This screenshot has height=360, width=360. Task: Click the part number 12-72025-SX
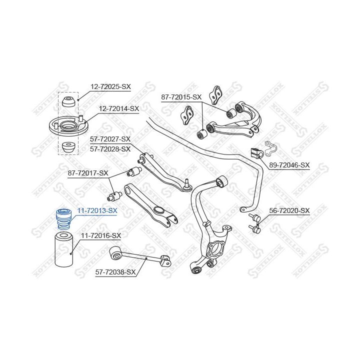click(x=110, y=87)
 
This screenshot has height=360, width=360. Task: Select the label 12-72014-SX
click(x=119, y=108)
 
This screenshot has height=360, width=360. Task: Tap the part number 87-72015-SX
click(x=181, y=97)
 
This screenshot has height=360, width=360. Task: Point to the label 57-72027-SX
click(x=110, y=139)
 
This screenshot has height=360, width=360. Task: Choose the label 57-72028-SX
click(x=110, y=149)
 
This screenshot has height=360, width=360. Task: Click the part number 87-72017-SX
click(x=88, y=173)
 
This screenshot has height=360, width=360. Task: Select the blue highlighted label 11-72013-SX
click(x=97, y=210)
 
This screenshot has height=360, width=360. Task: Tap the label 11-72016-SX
click(x=100, y=235)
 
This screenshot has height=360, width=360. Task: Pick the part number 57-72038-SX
click(x=115, y=272)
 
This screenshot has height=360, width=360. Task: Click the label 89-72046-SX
click(x=289, y=165)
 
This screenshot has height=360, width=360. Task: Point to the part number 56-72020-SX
click(x=289, y=210)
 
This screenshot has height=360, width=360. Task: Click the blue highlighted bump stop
click(x=63, y=219)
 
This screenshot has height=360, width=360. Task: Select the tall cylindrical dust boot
click(x=64, y=249)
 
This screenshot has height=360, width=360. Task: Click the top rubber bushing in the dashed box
click(x=68, y=102)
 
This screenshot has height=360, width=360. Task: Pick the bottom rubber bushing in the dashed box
click(x=68, y=147)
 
